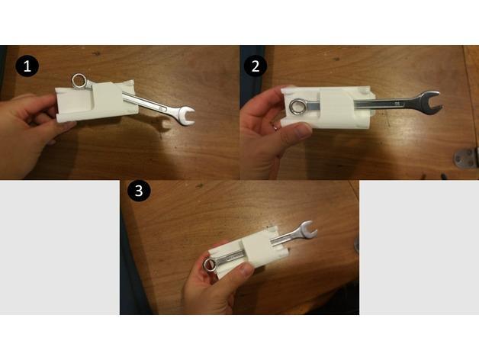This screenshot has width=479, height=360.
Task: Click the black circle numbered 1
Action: coord(28,66)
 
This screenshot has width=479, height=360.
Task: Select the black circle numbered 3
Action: coord(138,191)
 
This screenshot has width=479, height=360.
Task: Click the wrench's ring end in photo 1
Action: coord(80,80)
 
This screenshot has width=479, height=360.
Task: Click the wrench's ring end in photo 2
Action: coord(297,107)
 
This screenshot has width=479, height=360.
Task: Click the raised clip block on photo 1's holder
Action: coord(106,98)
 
